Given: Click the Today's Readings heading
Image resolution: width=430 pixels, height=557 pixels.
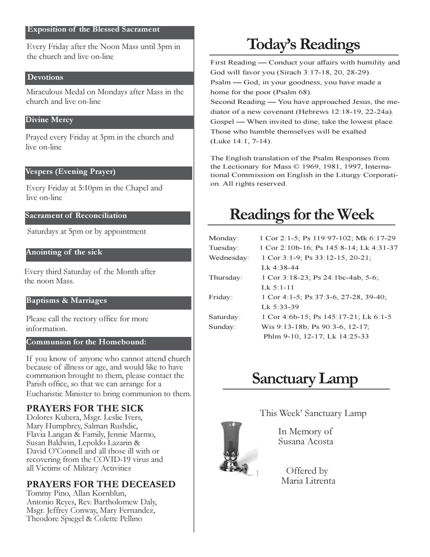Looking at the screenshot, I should click(x=303, y=44).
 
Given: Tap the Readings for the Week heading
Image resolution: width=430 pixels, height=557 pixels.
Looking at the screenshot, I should click(x=302, y=214).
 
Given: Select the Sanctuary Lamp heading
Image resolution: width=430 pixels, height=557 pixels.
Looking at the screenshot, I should click(x=305, y=378).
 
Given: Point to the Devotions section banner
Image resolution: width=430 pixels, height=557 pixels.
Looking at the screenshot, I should click(x=109, y=78).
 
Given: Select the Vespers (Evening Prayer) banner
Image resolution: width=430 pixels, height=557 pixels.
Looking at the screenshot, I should click(x=108, y=172).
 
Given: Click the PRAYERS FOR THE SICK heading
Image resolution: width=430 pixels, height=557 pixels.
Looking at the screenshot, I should click(x=85, y=408).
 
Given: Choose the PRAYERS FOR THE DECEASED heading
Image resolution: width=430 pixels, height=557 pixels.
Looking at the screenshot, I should click(x=101, y=484).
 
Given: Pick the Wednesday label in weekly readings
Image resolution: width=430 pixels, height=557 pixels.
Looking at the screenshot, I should click(x=229, y=258).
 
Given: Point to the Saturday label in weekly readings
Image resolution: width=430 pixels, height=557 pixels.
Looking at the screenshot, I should click(x=224, y=317).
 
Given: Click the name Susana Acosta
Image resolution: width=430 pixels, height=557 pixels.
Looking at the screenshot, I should click(x=306, y=441).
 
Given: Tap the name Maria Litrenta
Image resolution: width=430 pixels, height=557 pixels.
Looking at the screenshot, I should click(x=308, y=481).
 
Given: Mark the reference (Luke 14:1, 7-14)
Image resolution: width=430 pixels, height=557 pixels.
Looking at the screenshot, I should click(x=241, y=141).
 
